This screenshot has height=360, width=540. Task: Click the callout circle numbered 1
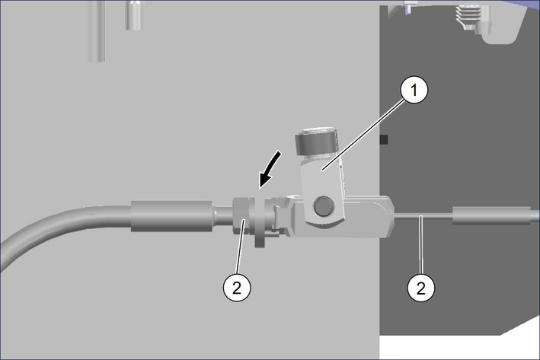pyautogui.click(x=414, y=90)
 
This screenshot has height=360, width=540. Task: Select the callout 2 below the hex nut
pyautogui.click(x=237, y=288)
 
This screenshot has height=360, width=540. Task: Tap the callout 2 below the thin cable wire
pyautogui.click(x=421, y=288)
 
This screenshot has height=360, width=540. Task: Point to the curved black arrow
pyautogui.click(x=270, y=169)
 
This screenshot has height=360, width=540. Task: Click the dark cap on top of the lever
pyautogui.click(x=315, y=142)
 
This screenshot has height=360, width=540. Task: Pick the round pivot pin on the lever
pyautogui.click(x=324, y=206)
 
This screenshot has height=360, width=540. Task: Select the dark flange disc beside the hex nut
pyautogui.click(x=260, y=222)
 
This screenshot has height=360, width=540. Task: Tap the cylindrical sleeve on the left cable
pyautogui.click(x=171, y=216)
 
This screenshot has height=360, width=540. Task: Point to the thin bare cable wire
pyautogui.click(x=423, y=216)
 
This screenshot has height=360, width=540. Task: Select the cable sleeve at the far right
pyautogui.click(x=491, y=216)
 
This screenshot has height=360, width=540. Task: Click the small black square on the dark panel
pyautogui.click(x=384, y=140)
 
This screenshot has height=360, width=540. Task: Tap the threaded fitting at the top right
pyautogui.click(x=469, y=18)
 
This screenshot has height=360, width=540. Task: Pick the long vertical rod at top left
pyautogui.click(x=97, y=31)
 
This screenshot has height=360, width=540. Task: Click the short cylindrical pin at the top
pyautogui.click(x=133, y=14)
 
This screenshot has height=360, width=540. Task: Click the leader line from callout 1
pyautogui.click(x=363, y=133)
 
